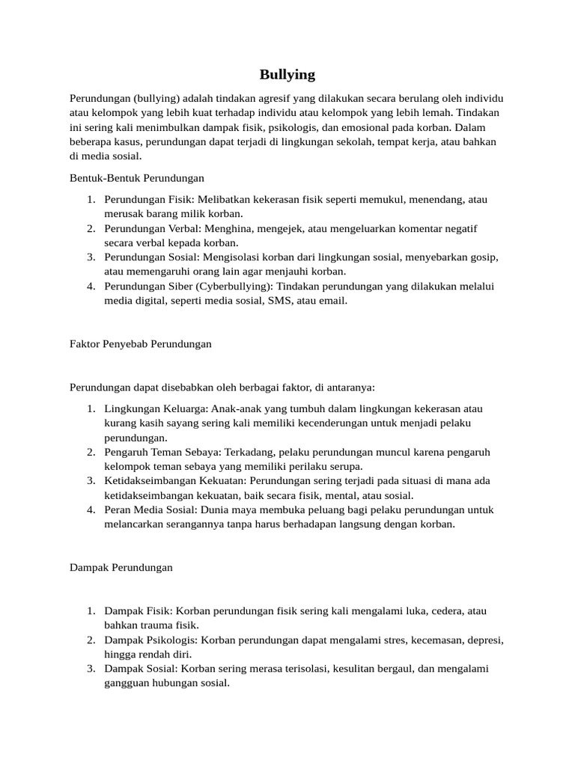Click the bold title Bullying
coord(287,74)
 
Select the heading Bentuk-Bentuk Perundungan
coord(137,178)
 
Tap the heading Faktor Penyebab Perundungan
coord(141,343)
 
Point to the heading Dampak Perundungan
coord(121,567)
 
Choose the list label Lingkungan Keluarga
coord(156,408)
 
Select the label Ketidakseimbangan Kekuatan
coord(175,480)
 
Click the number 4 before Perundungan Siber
coord(90,286)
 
